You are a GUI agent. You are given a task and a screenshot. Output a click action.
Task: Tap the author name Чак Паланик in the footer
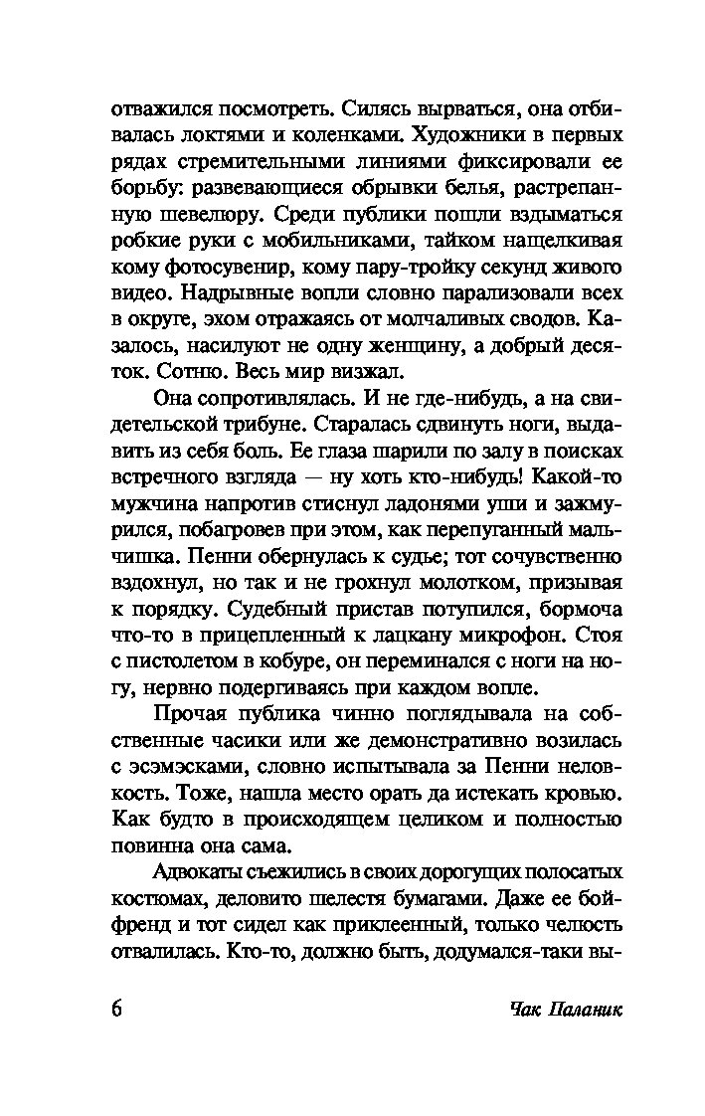click(564, 1009)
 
